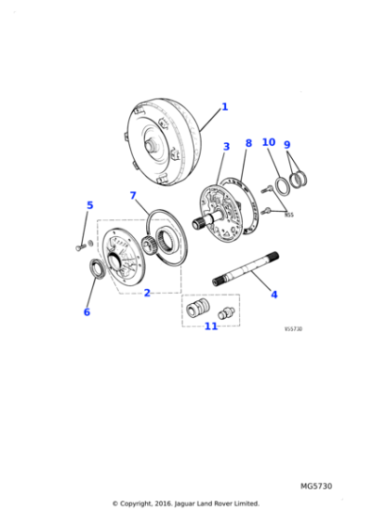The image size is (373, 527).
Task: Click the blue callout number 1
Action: pyautogui.click(x=224, y=107)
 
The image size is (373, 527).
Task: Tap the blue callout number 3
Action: pyautogui.click(x=226, y=147)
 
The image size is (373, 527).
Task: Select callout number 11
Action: pyautogui.click(x=211, y=326)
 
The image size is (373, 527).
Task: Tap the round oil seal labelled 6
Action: pyautogui.click(x=96, y=270)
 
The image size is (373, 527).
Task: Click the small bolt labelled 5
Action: pyautogui.click(x=76, y=247)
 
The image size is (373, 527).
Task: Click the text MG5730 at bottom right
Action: pyautogui.click(x=316, y=486)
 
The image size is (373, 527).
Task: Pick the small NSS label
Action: pyautogui.click(x=289, y=215)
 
